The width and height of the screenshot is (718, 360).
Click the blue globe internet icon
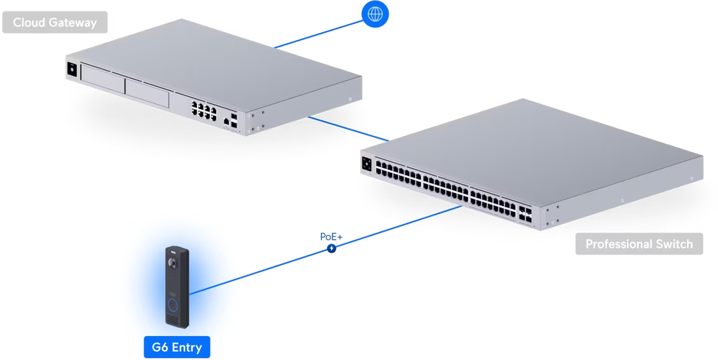(x=375, y=14)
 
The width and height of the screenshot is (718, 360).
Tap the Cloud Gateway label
(x=54, y=23)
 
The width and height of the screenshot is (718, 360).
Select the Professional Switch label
(x=639, y=244)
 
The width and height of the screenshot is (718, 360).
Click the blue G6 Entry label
(x=177, y=347)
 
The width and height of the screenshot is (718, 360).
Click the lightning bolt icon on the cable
(x=331, y=248)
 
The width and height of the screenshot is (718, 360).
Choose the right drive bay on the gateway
(x=147, y=90)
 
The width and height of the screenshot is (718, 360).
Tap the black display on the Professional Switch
(x=367, y=164)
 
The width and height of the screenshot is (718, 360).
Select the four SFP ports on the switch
(x=527, y=215)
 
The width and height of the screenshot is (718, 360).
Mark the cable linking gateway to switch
(x=347, y=129)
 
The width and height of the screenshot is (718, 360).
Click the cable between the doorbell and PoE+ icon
(x=257, y=270)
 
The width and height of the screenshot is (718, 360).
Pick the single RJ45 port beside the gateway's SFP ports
(x=226, y=121)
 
